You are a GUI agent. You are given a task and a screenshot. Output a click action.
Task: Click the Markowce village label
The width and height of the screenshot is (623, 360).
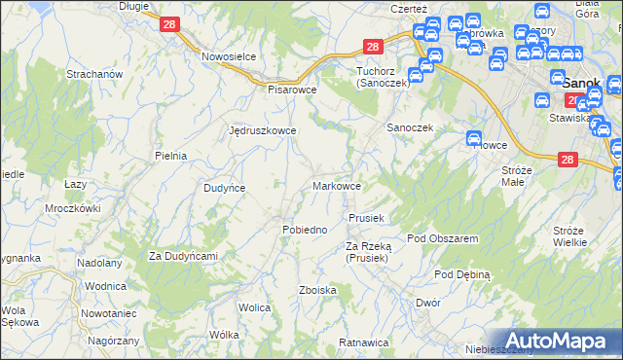tap(338, 185)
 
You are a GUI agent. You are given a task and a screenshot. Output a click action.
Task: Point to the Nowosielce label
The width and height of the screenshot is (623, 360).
tap(229, 56)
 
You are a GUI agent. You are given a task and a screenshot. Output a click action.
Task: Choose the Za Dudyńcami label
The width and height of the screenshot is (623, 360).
tap(182, 256)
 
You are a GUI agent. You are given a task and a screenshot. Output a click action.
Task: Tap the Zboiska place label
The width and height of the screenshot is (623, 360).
tap(318, 290)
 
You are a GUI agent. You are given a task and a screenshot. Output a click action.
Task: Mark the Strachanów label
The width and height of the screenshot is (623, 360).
tap(92, 74)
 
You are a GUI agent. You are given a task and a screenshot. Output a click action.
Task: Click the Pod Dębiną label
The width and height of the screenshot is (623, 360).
tap(462, 274)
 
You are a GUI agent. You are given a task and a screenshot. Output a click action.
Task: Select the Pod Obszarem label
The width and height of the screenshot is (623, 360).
tap(442, 238)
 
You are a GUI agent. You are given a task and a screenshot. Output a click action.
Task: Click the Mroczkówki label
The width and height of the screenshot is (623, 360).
tap(73, 208)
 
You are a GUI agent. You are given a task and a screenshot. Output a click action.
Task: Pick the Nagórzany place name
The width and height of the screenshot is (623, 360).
tap(111, 342)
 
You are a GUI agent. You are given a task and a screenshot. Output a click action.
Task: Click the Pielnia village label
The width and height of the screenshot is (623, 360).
tap(170, 155)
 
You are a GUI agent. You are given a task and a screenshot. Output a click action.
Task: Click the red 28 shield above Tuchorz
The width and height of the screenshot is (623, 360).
tap(373, 46)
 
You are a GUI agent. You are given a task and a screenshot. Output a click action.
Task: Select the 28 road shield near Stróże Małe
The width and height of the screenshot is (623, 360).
tap(568, 161)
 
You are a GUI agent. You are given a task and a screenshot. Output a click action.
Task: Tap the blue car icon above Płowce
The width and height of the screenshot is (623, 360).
tap(474, 138)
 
